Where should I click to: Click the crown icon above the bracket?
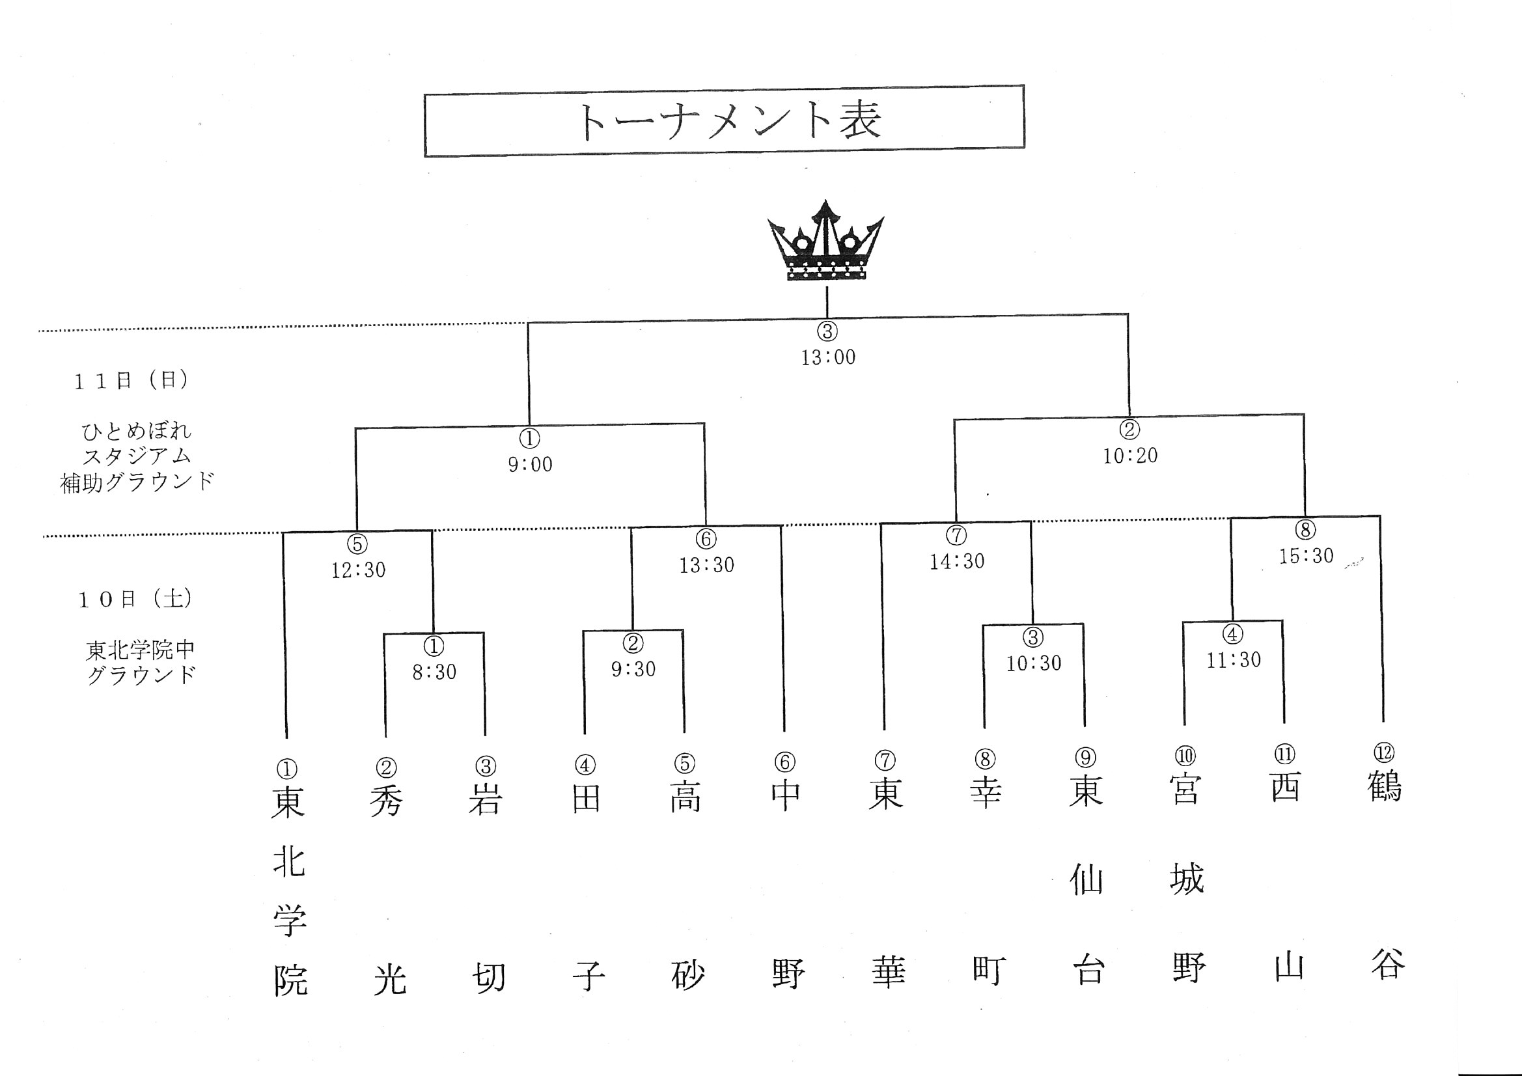(825, 240)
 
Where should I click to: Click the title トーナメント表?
(730, 121)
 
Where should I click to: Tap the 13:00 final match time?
(828, 357)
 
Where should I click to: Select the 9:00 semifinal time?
(531, 464)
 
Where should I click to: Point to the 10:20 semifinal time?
(1130, 456)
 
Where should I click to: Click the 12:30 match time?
(359, 570)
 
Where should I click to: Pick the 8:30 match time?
(434, 672)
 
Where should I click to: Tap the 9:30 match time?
(633, 669)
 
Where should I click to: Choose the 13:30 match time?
(707, 565)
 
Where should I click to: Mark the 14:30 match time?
(957, 562)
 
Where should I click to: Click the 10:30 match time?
(1034, 663)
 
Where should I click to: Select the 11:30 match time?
(1234, 659)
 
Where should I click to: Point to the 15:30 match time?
(1306, 555)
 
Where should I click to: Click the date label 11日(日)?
(131, 381)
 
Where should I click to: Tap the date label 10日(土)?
(135, 600)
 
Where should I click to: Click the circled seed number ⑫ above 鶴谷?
(1384, 752)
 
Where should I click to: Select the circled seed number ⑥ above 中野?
(785, 762)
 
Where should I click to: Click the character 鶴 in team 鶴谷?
(1385, 786)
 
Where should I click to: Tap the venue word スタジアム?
(137, 456)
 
